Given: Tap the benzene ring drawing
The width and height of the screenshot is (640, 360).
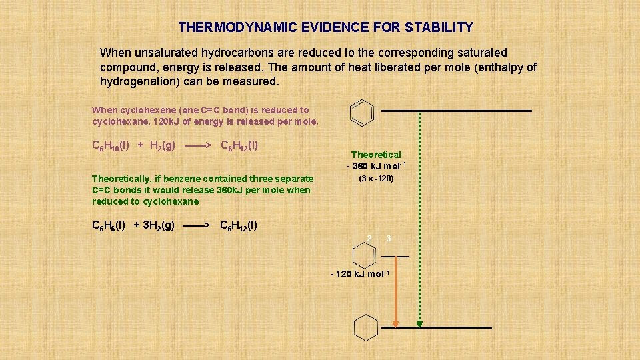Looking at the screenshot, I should (361, 112).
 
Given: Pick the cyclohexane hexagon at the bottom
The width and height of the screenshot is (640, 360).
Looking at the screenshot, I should (365, 327).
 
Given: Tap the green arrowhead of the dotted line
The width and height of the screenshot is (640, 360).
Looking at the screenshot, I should (419, 324).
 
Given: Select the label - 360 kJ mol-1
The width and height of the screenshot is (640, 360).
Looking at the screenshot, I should (376, 165).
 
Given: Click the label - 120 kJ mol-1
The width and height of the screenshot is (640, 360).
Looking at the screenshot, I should (359, 275).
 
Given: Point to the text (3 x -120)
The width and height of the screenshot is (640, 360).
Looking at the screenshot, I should (376, 179).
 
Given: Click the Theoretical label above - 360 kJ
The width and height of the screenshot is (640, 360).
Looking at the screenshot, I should (376, 155).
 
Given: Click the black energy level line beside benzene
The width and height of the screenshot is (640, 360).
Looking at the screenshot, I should (457, 110).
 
